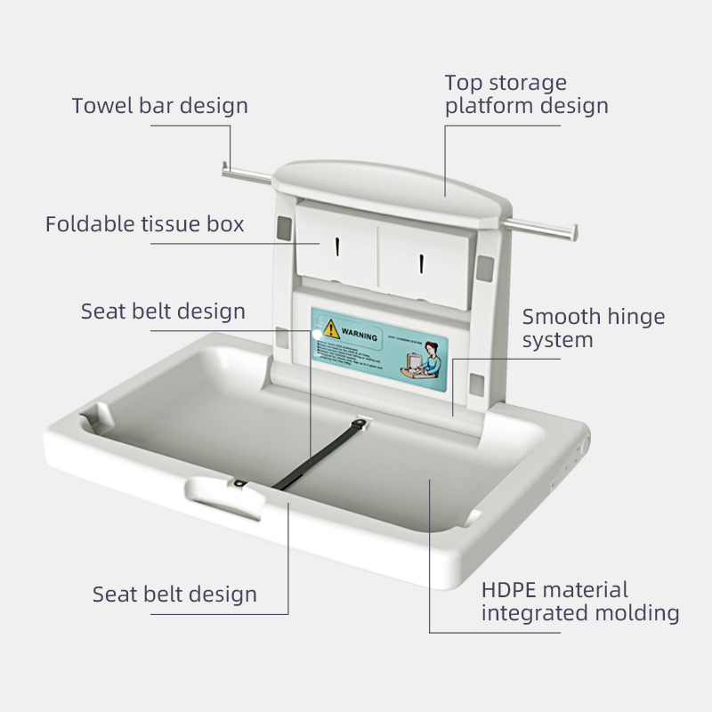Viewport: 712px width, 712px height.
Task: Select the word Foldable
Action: [85, 223]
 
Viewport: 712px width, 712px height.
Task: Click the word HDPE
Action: [508, 590]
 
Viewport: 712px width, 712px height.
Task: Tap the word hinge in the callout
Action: [636, 317]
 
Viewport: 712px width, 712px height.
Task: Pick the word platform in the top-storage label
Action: [489, 106]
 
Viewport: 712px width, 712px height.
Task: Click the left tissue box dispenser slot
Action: [337, 246]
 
